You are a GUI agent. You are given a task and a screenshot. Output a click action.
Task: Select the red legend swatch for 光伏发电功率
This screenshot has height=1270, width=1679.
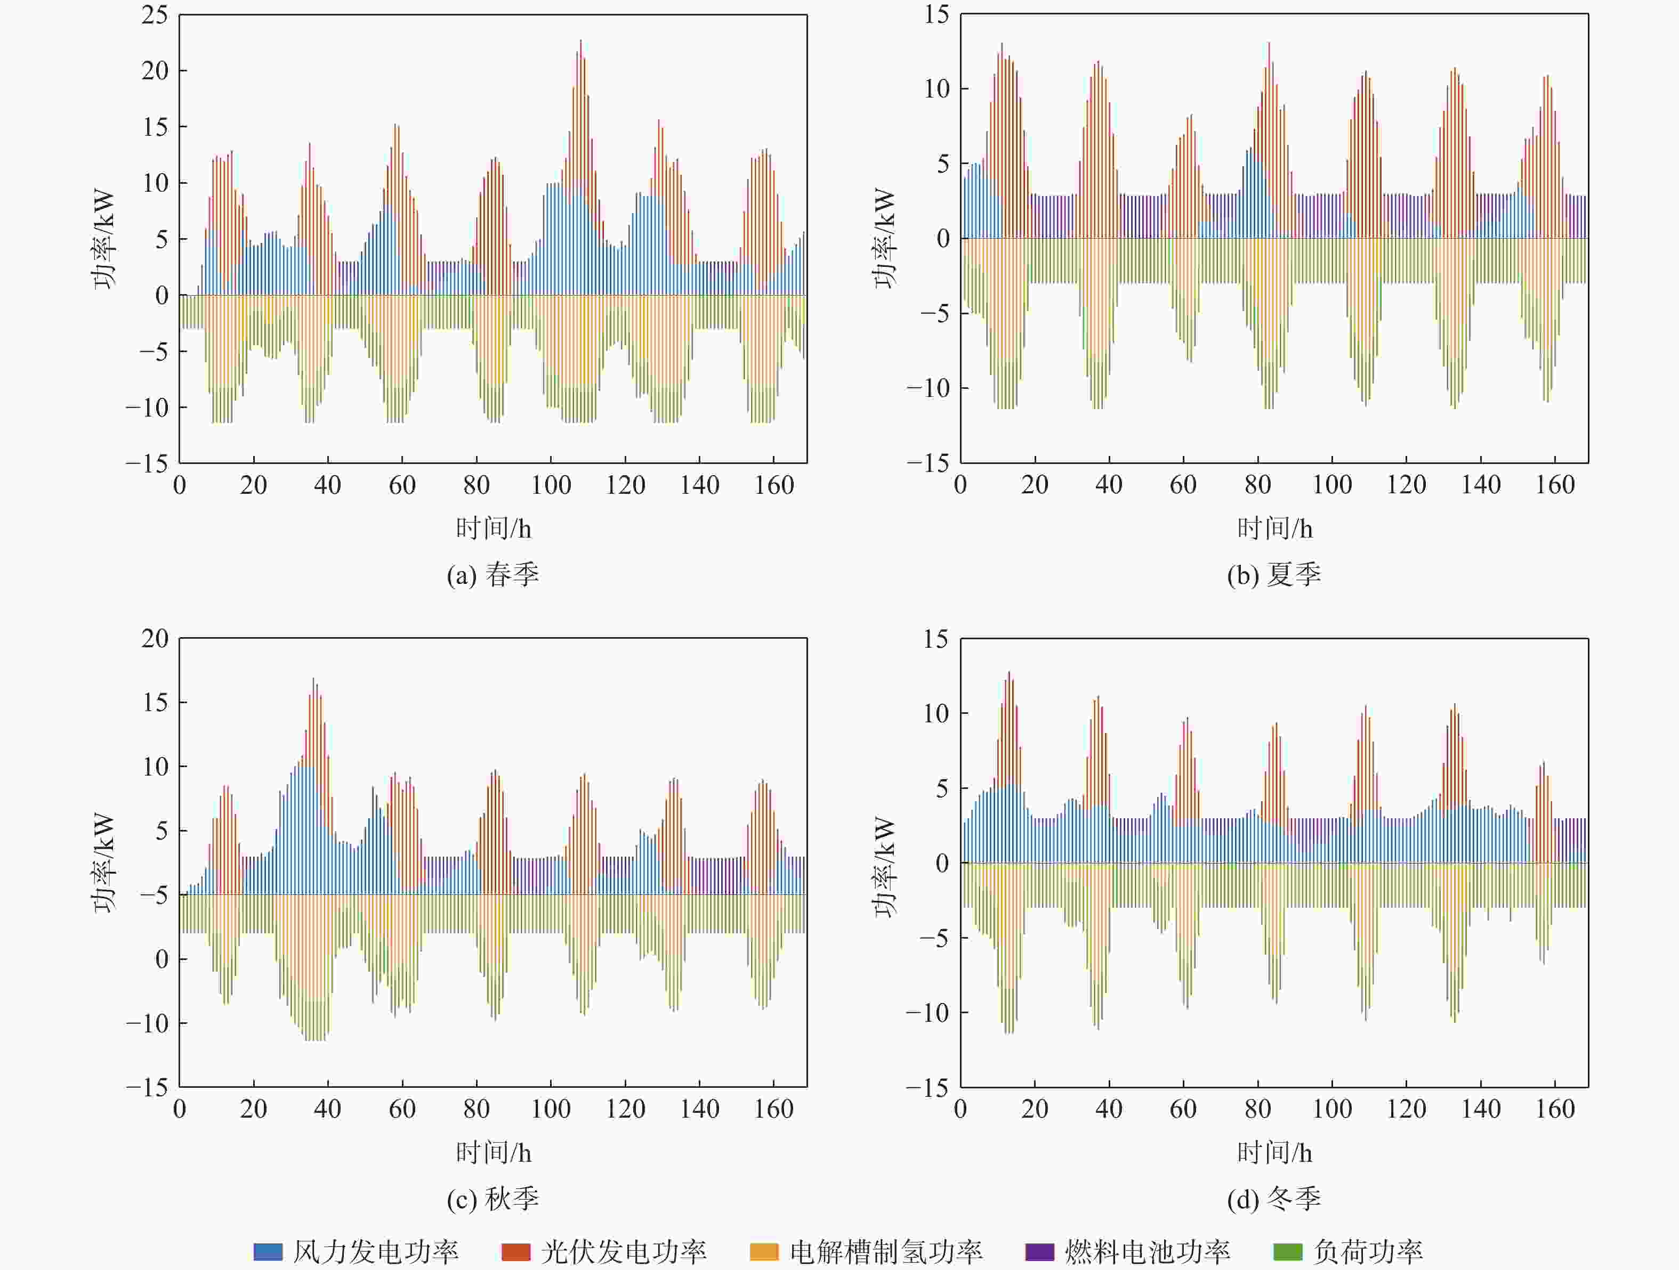click(515, 1251)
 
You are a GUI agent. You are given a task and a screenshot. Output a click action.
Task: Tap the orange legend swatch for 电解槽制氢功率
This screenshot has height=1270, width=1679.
click(764, 1251)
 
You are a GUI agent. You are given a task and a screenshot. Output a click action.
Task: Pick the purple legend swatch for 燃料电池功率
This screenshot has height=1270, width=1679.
click(1039, 1251)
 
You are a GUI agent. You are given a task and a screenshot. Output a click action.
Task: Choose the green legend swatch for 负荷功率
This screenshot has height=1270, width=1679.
click(1287, 1251)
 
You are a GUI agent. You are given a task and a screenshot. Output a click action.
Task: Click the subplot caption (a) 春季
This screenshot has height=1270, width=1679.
click(493, 574)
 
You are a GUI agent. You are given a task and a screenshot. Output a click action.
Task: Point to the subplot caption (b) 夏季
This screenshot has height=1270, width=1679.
click(1274, 574)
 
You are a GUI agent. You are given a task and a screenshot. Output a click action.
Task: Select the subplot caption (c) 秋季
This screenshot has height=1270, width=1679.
click(493, 1199)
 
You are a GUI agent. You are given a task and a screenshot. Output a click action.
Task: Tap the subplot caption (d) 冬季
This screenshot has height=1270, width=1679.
click(1274, 1199)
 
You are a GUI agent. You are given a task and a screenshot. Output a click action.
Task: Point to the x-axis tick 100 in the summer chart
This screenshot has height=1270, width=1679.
click(1332, 485)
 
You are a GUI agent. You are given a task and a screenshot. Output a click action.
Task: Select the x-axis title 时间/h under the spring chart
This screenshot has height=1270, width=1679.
click(493, 528)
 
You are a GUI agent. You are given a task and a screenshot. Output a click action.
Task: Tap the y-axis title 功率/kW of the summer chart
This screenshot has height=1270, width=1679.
click(884, 238)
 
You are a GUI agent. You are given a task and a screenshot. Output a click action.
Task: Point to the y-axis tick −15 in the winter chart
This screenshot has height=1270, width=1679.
click(927, 1088)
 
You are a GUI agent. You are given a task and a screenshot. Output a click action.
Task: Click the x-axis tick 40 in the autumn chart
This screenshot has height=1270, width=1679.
click(328, 1109)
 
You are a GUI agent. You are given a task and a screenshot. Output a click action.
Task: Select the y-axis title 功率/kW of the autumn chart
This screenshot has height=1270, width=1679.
click(103, 862)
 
